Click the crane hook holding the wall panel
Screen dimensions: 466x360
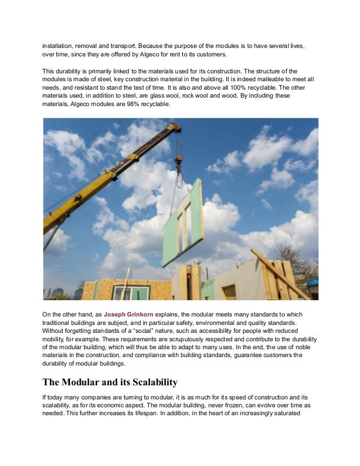point(179,163)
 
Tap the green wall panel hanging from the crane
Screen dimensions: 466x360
point(182,223)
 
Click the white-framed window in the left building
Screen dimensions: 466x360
point(130,293)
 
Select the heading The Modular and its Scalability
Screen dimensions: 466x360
point(110,382)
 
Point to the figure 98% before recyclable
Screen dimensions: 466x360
point(141,103)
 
